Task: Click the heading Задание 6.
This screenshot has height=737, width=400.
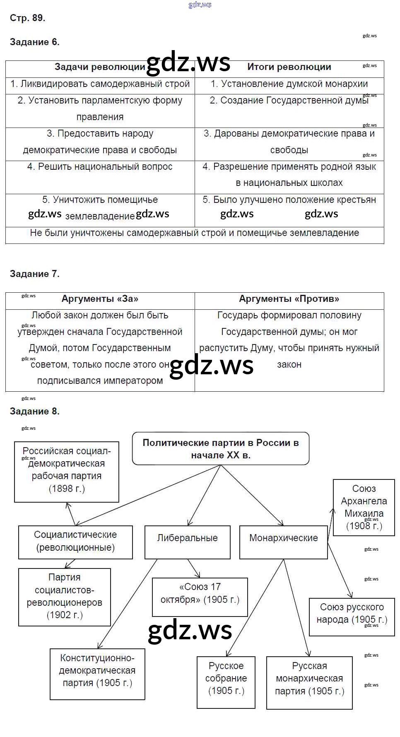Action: (35, 42)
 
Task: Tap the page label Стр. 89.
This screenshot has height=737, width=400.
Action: (27, 18)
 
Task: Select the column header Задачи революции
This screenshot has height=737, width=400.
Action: (100, 67)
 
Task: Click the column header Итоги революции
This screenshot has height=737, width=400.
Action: (289, 67)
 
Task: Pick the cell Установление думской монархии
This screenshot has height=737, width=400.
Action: (289, 84)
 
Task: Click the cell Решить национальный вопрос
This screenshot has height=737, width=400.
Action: (100, 167)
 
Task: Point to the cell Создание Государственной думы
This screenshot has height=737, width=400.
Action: (289, 101)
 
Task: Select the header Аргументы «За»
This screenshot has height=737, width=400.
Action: (100, 299)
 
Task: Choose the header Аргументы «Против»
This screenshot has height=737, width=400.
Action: (289, 299)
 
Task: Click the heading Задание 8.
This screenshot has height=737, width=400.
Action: (35, 411)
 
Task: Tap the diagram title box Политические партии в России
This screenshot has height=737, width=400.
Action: (221, 449)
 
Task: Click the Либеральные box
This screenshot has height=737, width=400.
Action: (187, 538)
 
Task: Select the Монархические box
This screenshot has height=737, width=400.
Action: (284, 538)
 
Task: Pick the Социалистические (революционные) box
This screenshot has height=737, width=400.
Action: (75, 541)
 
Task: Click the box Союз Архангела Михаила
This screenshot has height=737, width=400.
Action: (364, 507)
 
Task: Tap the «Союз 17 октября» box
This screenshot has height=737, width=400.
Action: (200, 593)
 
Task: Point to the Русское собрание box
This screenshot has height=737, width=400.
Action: (226, 678)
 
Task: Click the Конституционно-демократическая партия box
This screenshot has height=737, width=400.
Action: (97, 670)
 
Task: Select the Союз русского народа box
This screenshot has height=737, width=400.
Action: (352, 613)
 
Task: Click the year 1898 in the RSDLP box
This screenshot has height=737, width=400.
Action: (65, 489)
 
